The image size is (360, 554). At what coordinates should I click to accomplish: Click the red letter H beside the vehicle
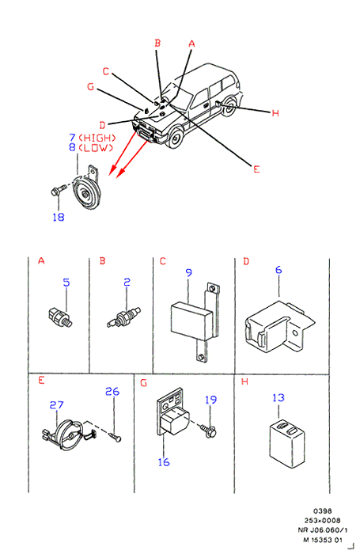[275, 113]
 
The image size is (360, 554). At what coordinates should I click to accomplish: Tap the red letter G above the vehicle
[91, 86]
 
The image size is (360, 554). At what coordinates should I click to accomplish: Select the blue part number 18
[59, 217]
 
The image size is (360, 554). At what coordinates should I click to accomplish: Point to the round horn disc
[87, 193]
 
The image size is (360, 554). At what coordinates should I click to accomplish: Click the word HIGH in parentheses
[97, 138]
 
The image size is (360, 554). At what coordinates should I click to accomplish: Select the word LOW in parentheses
[96, 148]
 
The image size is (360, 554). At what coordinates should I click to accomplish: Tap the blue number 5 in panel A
[66, 283]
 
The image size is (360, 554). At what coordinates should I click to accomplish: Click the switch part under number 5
[60, 317]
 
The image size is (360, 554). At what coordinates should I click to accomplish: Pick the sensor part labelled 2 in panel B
[124, 317]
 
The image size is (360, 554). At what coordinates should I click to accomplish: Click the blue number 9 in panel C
[188, 273]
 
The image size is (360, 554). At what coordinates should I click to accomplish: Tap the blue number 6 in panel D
[279, 270]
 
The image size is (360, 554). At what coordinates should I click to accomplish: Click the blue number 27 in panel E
[56, 405]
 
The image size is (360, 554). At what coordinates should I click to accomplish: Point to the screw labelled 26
[115, 438]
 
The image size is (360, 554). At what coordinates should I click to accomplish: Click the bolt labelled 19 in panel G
[208, 431]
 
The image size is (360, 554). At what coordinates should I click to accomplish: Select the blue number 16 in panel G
[164, 462]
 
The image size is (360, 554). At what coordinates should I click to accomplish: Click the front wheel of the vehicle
[175, 138]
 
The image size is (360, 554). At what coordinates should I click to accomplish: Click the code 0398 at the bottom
[322, 511]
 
